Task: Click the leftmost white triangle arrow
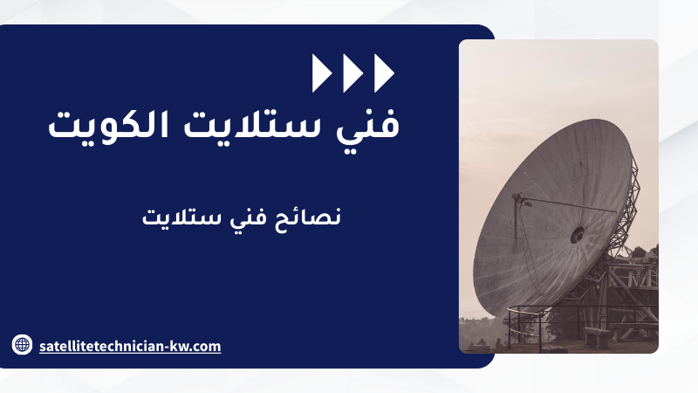pos(321,73)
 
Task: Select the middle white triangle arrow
pos(352,73)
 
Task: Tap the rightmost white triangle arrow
pos(383,73)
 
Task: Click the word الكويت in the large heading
pos(108,124)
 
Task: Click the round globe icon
pos(22,344)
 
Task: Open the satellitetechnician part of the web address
pos(101,346)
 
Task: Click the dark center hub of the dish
pos(578,235)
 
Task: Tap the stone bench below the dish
pos(597,336)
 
